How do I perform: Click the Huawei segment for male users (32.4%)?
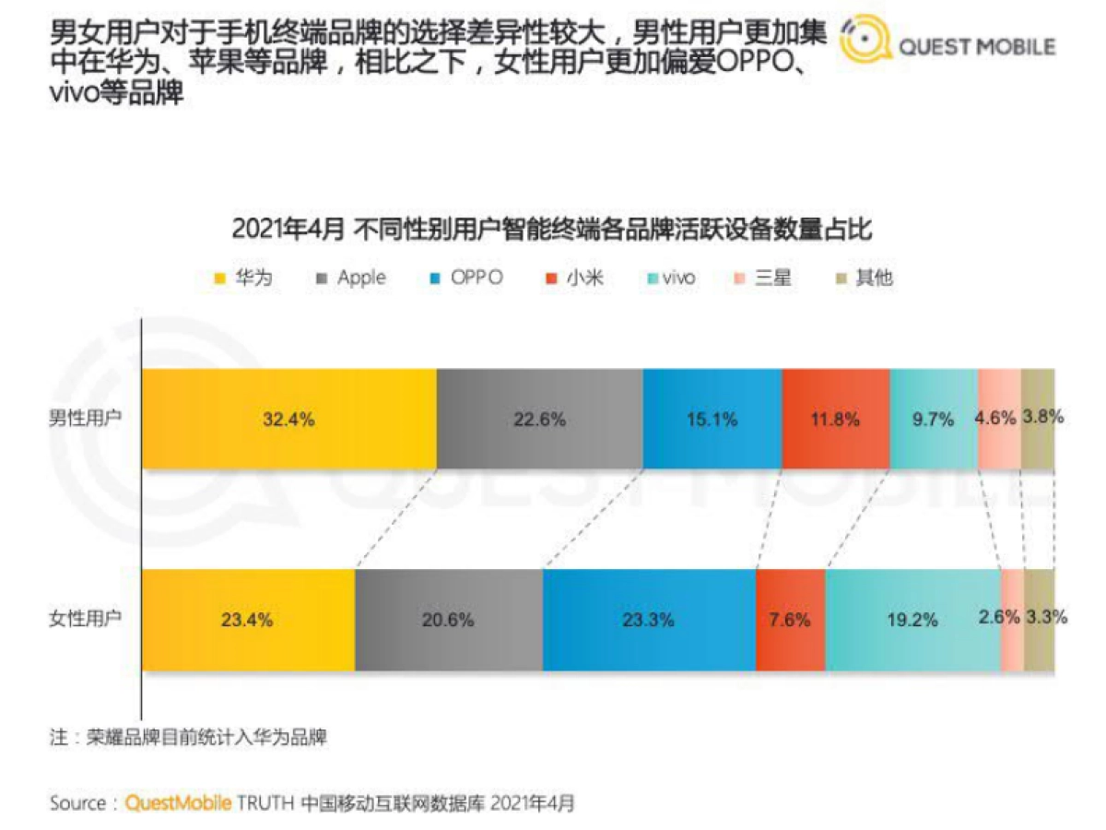tap(288, 419)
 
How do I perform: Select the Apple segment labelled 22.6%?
tap(539, 419)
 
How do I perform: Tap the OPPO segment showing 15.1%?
tap(712, 419)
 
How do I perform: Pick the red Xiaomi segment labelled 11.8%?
tap(835, 419)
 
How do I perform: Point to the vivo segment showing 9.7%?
tap(933, 419)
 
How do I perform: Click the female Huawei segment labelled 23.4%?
tap(247, 620)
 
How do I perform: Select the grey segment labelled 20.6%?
tap(449, 620)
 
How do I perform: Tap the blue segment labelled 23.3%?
tap(649, 620)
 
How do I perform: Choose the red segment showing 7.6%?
tap(790, 620)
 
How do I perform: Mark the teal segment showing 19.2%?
tap(912, 620)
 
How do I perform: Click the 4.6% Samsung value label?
tap(996, 417)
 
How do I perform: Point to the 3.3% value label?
tap(1046, 618)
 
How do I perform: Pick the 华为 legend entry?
tap(243, 278)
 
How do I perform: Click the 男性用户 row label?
tap(85, 418)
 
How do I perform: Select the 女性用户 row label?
tap(85, 619)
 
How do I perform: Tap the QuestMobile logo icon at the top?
tap(865, 41)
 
